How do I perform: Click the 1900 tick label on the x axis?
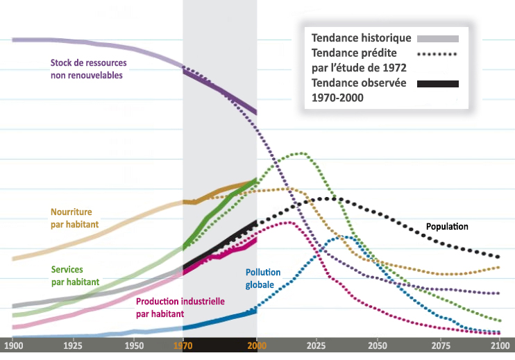(x=13, y=345)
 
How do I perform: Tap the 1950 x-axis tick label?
(x=134, y=345)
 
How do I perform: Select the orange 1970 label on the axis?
(x=183, y=345)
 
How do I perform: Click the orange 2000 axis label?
(x=257, y=345)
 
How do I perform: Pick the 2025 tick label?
(x=317, y=345)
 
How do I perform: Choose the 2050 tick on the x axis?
(x=378, y=345)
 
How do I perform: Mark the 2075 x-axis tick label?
(x=439, y=345)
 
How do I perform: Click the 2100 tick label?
(x=498, y=345)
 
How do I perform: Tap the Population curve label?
(x=447, y=227)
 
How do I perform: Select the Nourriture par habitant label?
(x=74, y=218)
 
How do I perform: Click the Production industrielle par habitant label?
(x=180, y=307)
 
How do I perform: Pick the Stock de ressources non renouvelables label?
(x=88, y=69)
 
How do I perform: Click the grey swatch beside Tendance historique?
(x=438, y=38)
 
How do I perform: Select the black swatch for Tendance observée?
(x=438, y=84)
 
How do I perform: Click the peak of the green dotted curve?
(x=301, y=153)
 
